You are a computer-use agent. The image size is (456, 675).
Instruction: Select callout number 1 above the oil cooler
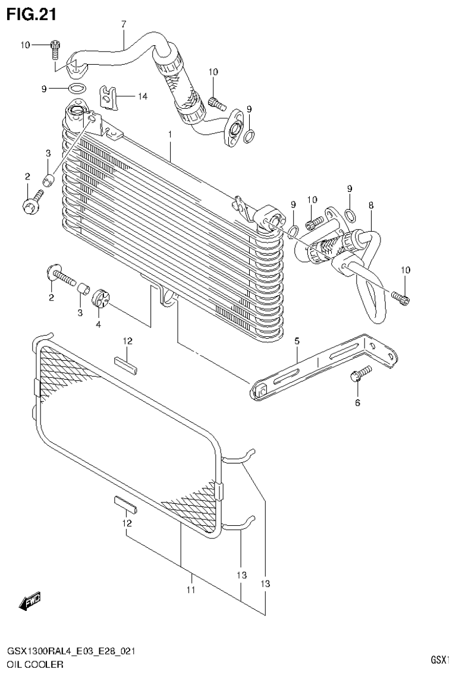coord(170,135)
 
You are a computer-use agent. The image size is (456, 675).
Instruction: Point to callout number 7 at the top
coord(124,24)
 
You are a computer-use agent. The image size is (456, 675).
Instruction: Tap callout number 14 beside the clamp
coord(142,96)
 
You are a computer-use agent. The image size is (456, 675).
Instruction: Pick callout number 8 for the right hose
coord(371,206)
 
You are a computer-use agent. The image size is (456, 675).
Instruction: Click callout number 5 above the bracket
coord(297,341)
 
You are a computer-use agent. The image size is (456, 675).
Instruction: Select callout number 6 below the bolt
coord(357,403)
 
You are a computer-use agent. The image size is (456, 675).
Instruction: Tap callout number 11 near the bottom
coord(191,590)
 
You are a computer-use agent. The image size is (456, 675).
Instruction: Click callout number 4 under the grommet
coord(98,324)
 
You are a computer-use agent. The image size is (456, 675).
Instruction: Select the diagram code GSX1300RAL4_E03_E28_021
coord(70,651)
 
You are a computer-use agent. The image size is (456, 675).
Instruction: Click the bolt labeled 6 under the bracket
coord(360,374)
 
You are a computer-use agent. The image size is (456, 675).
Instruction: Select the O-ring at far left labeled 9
coord(76,89)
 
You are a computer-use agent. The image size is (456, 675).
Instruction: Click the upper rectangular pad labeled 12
coord(127,364)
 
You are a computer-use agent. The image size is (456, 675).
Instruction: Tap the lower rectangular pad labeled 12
coord(126,505)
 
